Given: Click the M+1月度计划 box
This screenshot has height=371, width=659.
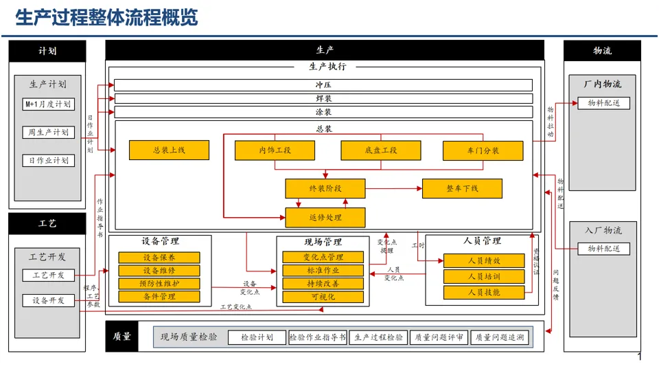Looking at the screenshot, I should [47, 104].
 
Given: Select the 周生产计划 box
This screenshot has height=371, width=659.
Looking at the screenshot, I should [47, 132].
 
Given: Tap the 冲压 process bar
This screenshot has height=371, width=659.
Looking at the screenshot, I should [323, 85].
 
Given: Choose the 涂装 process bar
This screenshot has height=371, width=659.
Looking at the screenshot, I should [323, 112].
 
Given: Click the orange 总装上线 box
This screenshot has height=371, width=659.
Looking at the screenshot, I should [169, 150].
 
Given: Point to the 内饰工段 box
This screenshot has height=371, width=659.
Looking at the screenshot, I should [275, 150].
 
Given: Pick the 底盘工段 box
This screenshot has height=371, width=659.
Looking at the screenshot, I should [380, 150].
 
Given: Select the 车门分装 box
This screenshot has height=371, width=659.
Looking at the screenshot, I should [483, 150].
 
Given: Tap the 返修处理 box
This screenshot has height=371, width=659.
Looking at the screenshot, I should [325, 218].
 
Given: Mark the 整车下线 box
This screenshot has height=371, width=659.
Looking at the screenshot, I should [462, 188].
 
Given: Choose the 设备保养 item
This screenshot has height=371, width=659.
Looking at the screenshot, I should [159, 258].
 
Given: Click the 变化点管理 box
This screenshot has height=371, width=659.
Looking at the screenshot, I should [323, 257].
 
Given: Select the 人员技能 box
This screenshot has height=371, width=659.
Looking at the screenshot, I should [483, 292].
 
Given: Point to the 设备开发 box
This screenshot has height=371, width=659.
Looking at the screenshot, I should [48, 300].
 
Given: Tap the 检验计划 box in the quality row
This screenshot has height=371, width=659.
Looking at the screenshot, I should [257, 337].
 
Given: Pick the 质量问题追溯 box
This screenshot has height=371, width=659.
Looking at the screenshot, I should [499, 337].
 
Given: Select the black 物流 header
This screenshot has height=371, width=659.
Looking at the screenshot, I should [602, 51].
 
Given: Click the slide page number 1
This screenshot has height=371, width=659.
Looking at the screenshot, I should [640, 357].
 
